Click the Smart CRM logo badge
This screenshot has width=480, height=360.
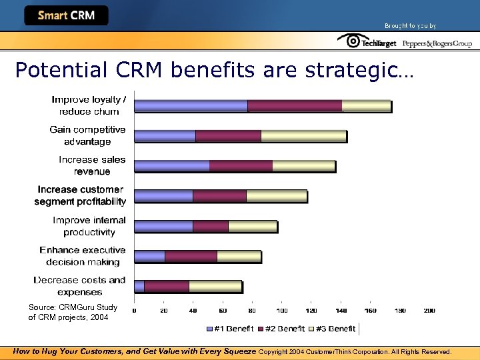click(x=66, y=15)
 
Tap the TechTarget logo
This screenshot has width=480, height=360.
click(x=367, y=42)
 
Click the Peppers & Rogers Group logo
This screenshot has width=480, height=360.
click(x=437, y=43)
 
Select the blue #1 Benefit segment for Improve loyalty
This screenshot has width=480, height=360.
click(x=191, y=105)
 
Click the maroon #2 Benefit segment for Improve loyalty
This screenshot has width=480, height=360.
click(x=294, y=105)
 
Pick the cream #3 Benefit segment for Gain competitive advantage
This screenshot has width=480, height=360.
click(x=303, y=136)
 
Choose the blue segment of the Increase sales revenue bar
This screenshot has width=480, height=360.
click(x=172, y=166)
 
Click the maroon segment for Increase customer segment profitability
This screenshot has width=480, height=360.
click(x=219, y=196)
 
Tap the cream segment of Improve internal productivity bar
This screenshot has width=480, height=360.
click(x=252, y=226)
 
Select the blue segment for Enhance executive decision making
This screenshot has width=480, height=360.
click(x=150, y=256)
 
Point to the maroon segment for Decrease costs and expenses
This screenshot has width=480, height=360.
click(x=166, y=286)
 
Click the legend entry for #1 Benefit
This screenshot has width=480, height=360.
click(x=230, y=329)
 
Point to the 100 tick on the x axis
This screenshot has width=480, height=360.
click(x=282, y=311)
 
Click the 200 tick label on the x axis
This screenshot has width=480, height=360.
click(x=429, y=311)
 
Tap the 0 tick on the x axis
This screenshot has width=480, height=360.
click(x=135, y=311)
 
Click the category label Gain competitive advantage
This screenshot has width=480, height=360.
click(x=87, y=135)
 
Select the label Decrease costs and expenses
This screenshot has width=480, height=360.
click(x=80, y=286)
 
